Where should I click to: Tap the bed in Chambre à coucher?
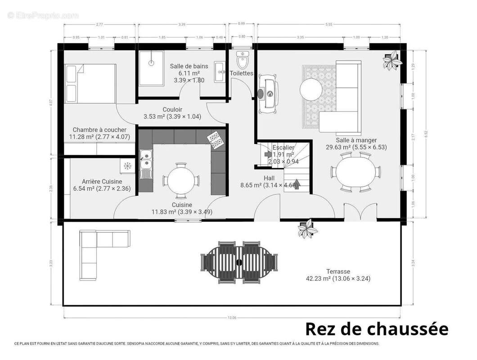tap(90, 83)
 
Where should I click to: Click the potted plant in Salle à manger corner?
tap(391, 60)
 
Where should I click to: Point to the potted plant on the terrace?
tap(308, 229)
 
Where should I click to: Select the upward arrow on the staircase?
tap(296, 185)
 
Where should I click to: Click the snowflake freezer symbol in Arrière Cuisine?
tap(127, 166)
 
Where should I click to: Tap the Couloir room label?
tap(172, 109)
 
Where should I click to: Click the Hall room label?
tap(269, 178)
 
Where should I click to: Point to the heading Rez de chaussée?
tap(377, 328)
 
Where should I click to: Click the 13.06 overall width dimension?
tap(232, 318)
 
